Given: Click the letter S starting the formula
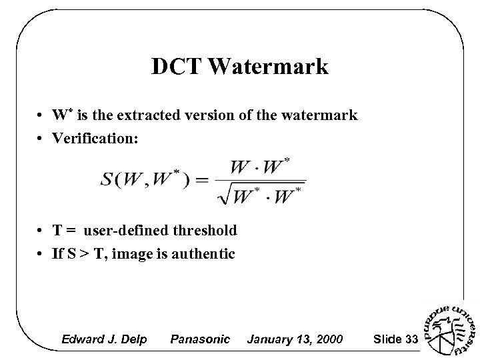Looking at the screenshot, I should pyautogui.click(x=107, y=181).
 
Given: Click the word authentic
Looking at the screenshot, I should pyautogui.click(x=203, y=254).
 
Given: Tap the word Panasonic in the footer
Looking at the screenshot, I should pyautogui.click(x=200, y=340).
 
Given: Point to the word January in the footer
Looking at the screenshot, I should pyautogui.click(x=269, y=340).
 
